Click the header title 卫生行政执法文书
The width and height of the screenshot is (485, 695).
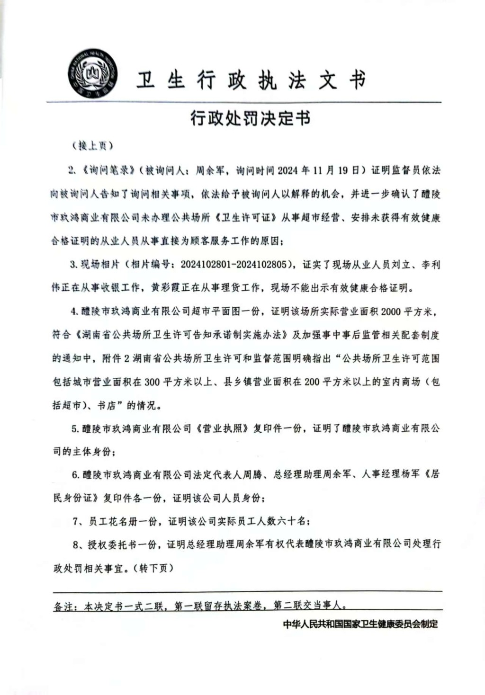coord(251,80)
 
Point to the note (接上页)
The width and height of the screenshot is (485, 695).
coord(92,146)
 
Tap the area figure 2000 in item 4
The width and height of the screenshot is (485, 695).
coord(390,312)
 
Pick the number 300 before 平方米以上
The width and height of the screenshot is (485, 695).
coord(152,382)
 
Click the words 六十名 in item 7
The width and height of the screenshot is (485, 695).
coord(292,521)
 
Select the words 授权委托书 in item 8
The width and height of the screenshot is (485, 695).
coord(112,544)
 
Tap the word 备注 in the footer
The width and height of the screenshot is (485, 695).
coord(63,606)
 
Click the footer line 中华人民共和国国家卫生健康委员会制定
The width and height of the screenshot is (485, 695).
coord(360,624)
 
